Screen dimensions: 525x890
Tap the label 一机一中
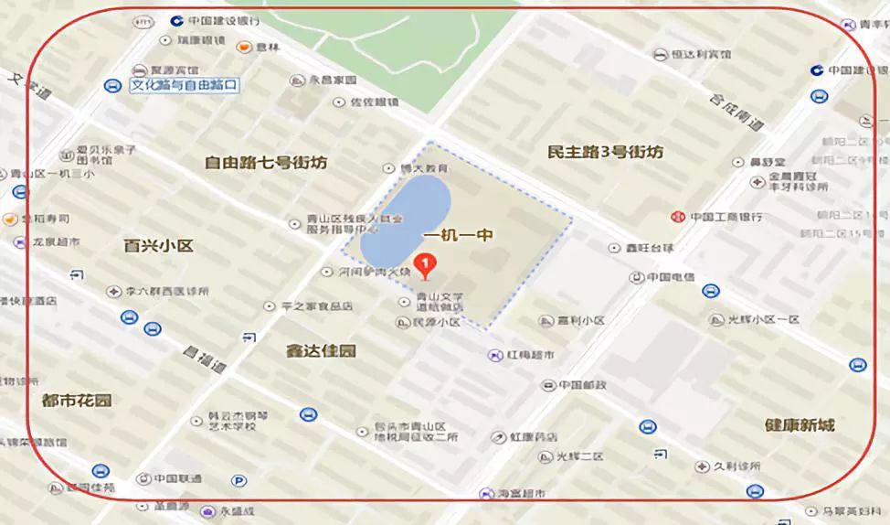coord(460,235)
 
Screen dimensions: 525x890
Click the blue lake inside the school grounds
coord(404,219)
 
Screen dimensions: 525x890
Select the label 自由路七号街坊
coord(265,163)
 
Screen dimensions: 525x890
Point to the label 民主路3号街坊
coord(605,152)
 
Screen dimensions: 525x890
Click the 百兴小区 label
coord(159,245)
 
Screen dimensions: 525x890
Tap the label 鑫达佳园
coord(320,351)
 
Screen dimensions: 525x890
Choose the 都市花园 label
coord(77,401)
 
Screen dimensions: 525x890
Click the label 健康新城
coord(800,425)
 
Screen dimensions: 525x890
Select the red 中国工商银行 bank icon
coord(677,217)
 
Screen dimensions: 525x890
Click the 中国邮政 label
coord(583,384)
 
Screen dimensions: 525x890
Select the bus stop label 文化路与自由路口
coord(184,85)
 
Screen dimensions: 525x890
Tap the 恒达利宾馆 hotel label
coord(703,54)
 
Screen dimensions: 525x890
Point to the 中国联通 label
coord(177,477)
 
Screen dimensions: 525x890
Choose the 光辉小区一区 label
coord(762,319)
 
